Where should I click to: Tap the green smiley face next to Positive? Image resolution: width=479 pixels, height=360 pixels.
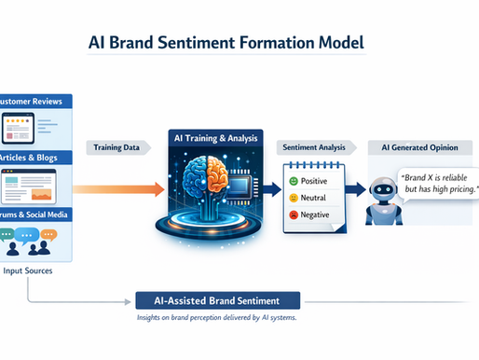point(294,180)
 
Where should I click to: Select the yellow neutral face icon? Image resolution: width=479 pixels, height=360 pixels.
point(294,199)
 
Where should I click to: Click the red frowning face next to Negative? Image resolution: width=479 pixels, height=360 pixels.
point(294,216)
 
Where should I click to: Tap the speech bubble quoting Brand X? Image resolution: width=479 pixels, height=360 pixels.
point(438,184)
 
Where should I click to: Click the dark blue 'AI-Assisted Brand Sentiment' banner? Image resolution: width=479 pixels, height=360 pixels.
point(214,300)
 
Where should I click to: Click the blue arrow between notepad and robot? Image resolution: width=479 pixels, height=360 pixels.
point(354,188)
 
